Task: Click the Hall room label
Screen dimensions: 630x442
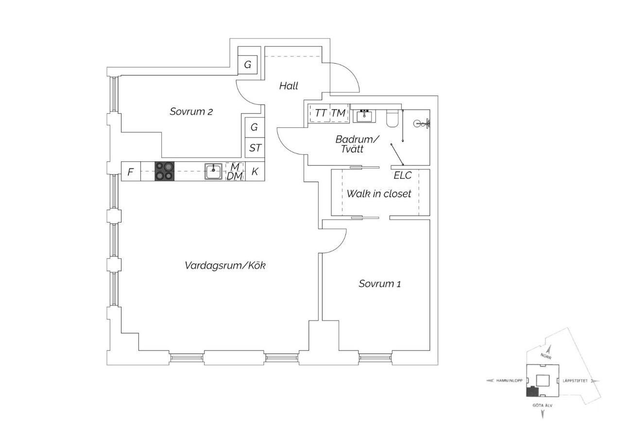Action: click(289, 86)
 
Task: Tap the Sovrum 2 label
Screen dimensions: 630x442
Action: click(191, 112)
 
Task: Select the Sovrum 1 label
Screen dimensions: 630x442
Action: click(380, 284)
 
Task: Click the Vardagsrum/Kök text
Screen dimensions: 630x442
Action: click(225, 265)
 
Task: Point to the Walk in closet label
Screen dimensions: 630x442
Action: click(379, 194)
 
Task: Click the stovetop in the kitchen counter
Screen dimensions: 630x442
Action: click(165, 171)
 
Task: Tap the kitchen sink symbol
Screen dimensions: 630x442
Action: click(213, 171)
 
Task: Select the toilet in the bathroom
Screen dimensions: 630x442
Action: click(392, 118)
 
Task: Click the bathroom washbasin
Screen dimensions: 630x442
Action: click(364, 116)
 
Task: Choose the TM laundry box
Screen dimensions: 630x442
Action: click(339, 113)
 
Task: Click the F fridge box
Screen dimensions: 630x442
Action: click(131, 171)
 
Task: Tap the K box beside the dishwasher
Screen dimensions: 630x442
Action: click(255, 171)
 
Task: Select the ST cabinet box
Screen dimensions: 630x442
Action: click(255, 148)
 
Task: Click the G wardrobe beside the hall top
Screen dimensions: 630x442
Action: click(248, 65)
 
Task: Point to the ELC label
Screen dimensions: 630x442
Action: click(403, 175)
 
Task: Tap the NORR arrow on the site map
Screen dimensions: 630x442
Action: click(548, 351)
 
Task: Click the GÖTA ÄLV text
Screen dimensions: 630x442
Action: click(543, 406)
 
